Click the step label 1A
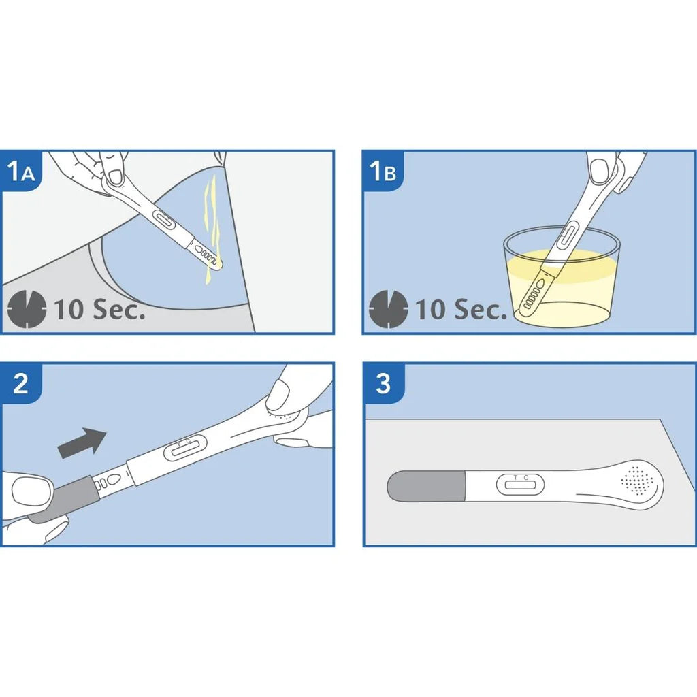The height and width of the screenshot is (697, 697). coord(21,171)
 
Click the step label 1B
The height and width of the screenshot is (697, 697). coord(383,171)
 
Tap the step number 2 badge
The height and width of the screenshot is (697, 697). coord(21,383)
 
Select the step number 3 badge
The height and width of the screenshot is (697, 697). coord(383,383)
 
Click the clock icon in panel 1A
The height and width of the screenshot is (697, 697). coord(27,309)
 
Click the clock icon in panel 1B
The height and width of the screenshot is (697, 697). coord(389,309)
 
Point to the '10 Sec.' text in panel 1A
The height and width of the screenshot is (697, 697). coord(99,309)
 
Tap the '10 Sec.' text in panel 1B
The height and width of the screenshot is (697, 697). coord(461,309)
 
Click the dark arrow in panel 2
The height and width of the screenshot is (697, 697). coord(82,442)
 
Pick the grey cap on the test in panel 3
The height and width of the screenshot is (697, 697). coord(427,486)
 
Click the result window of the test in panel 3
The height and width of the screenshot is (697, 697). coord(520,485)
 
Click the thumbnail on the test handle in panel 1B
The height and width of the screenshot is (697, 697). coord(600,171)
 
